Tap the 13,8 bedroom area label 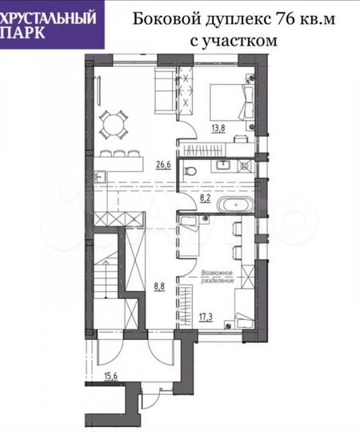point(218,126)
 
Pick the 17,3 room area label point(206,318)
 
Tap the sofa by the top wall point(163,90)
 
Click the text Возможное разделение point(218,277)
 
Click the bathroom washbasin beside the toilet point(222,166)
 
